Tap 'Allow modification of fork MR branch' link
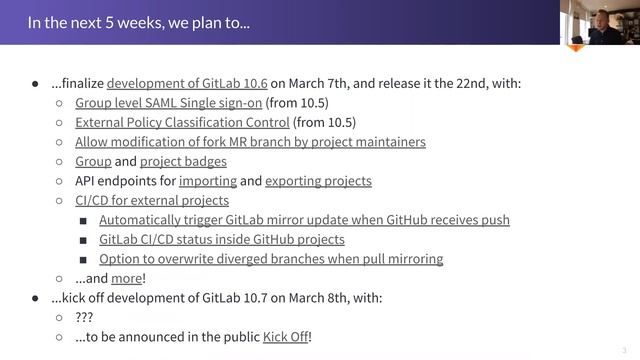(x=250, y=142)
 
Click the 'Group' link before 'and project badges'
(x=93, y=161)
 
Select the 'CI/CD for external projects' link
(x=152, y=200)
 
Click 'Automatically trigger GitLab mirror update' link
(x=304, y=220)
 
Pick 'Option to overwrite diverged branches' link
(x=271, y=259)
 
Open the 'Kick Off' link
(x=285, y=337)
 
